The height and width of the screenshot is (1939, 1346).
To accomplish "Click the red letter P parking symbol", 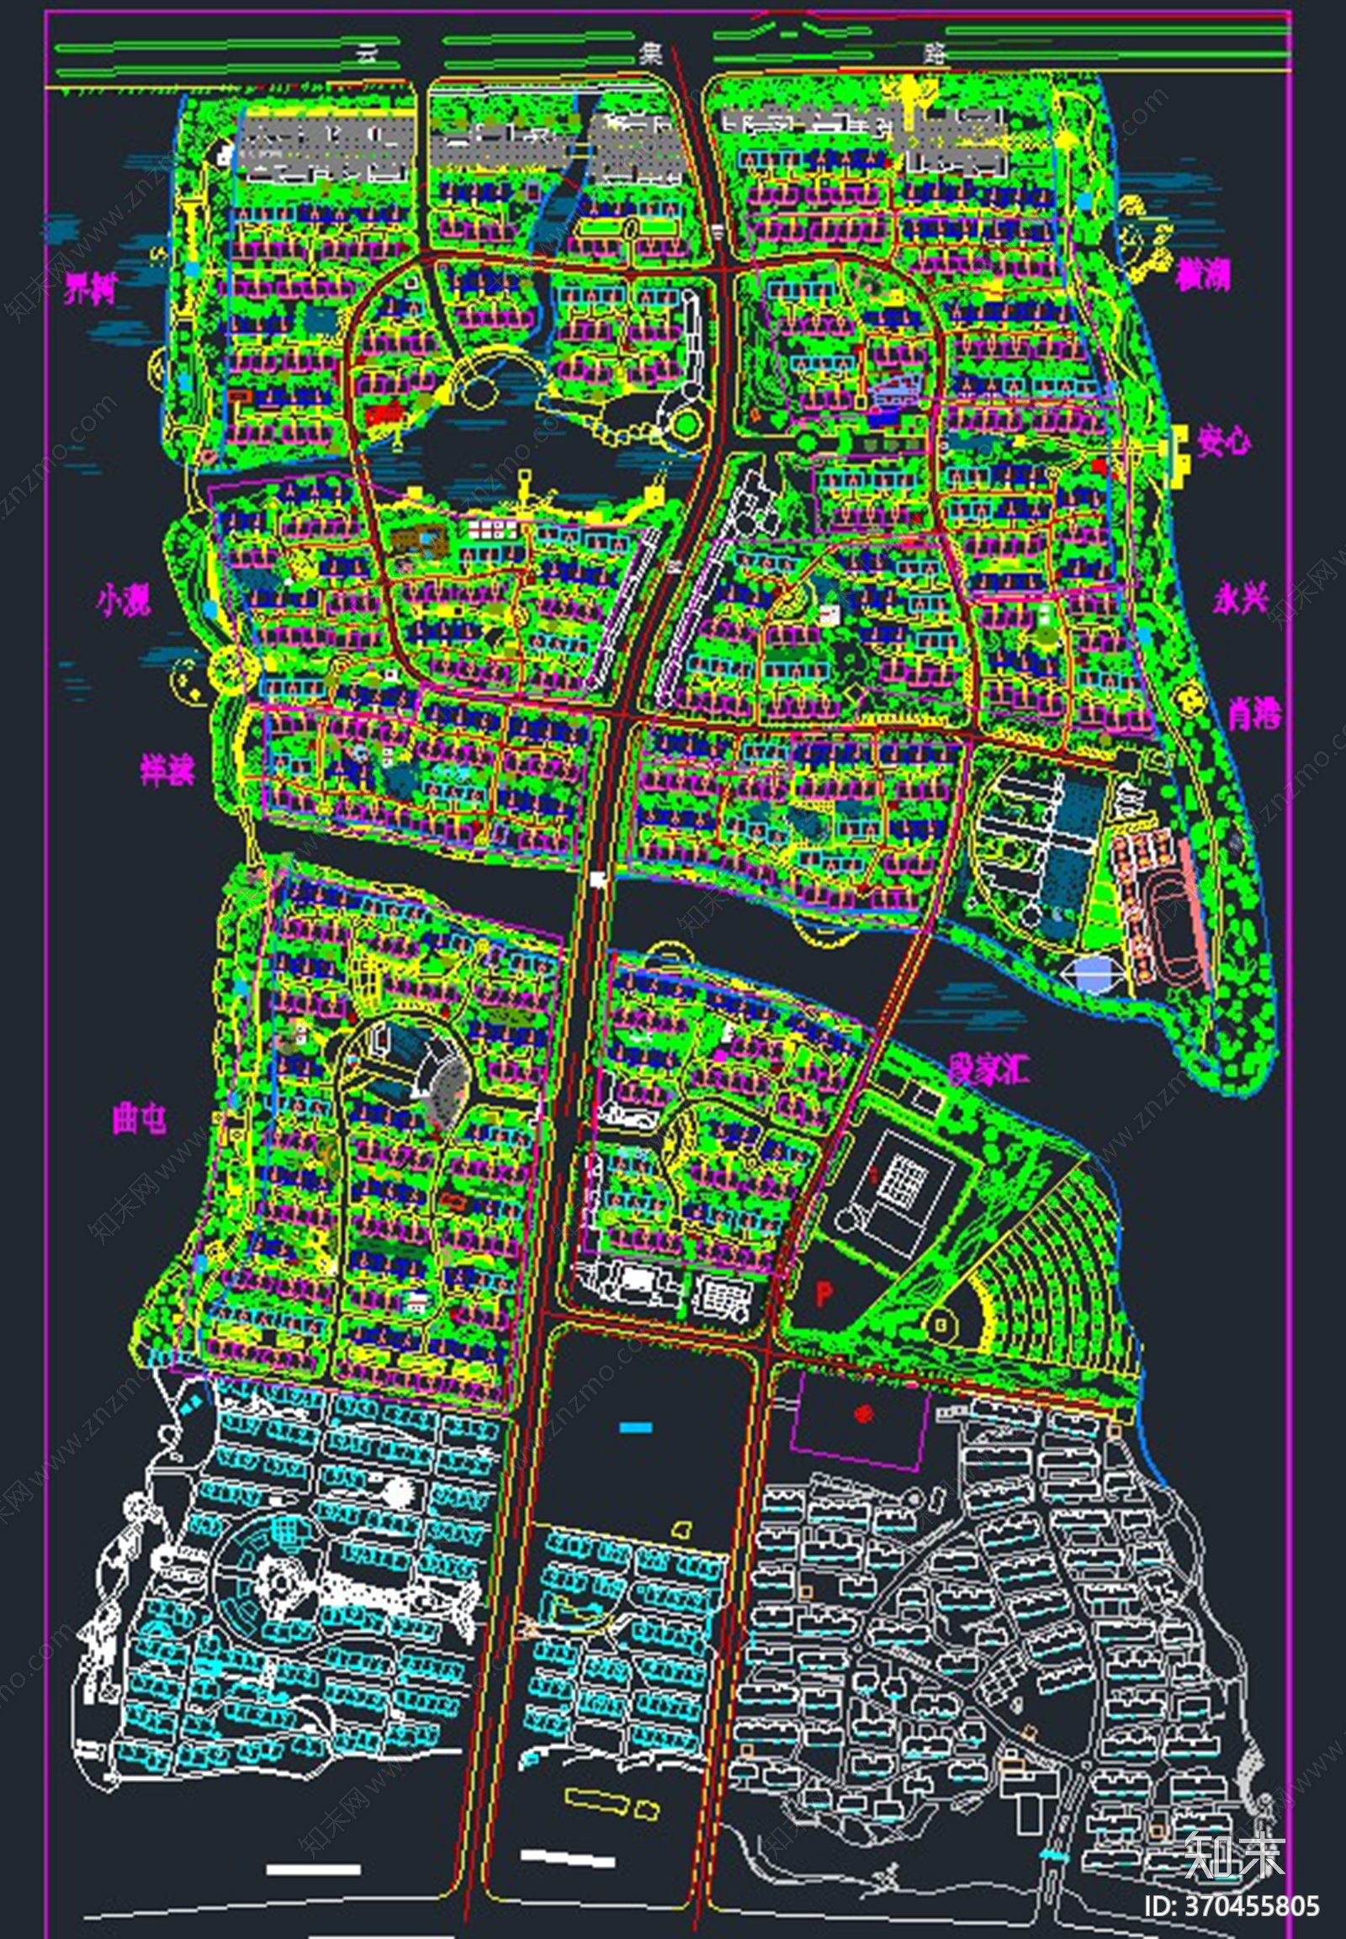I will click(824, 1291).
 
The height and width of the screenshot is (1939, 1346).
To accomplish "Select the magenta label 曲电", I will click(140, 1119).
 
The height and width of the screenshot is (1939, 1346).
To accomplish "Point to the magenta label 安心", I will click(1224, 440).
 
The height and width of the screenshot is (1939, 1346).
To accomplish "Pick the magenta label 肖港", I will click(1254, 715).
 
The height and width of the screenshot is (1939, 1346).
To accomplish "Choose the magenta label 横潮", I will click(1204, 275).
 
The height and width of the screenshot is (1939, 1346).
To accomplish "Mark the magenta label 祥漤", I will click(167, 770).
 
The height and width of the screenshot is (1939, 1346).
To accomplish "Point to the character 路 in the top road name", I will click(935, 55).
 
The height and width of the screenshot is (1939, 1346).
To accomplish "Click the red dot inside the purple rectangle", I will click(861, 1412).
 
